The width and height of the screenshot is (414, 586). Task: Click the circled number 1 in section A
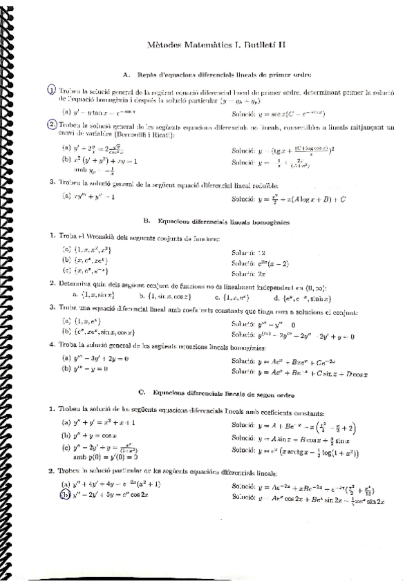(x=51, y=90)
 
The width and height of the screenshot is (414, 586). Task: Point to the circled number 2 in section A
(x=52, y=124)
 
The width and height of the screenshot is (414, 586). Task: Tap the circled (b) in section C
(x=66, y=495)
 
